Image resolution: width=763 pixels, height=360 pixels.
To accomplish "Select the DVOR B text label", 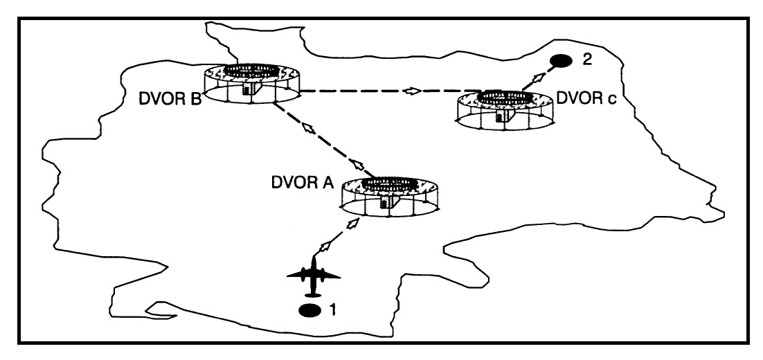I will click(169, 98).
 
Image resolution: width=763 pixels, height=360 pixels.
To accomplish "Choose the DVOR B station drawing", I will click(247, 86).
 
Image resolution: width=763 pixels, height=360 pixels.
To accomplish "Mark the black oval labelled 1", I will click(309, 309).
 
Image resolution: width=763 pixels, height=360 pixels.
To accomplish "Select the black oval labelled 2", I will click(561, 61).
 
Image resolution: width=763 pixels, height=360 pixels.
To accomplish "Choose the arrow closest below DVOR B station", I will click(307, 128).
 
